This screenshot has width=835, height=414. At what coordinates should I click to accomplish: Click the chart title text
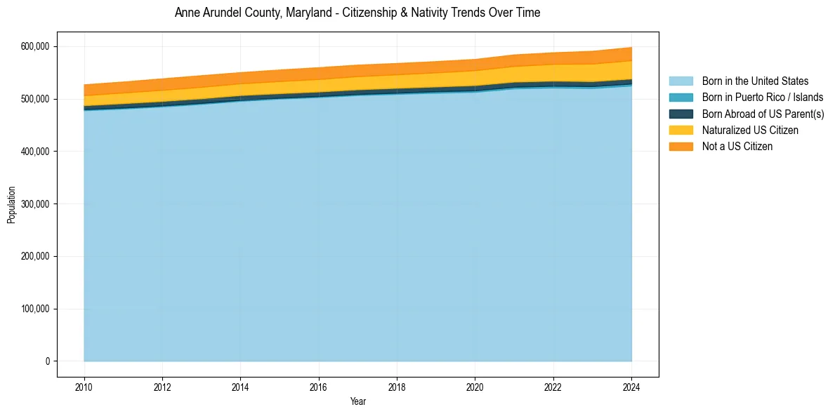(357, 13)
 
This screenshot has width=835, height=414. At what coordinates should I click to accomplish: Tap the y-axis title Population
(11, 204)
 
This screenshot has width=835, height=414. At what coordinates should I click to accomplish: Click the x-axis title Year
(357, 401)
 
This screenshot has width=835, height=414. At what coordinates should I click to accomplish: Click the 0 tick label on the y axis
(47, 361)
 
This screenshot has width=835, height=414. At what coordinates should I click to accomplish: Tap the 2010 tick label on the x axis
(84, 386)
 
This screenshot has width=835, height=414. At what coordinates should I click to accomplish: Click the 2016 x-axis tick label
(319, 386)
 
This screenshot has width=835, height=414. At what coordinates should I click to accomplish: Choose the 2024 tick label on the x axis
(631, 386)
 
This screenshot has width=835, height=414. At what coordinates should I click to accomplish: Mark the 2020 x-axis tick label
(475, 386)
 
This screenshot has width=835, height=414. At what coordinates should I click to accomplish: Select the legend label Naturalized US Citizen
(750, 131)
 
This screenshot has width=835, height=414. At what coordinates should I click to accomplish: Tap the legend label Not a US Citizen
(737, 147)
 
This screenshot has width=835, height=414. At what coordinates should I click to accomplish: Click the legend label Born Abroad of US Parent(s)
(763, 114)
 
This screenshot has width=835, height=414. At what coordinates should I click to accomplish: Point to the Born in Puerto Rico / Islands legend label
(763, 98)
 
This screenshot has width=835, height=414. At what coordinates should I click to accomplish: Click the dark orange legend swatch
(681, 147)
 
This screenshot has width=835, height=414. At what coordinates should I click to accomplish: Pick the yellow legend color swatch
(681, 131)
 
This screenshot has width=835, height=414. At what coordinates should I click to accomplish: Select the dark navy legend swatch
(681, 114)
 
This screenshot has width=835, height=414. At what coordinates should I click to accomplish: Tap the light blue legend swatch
(681, 81)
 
